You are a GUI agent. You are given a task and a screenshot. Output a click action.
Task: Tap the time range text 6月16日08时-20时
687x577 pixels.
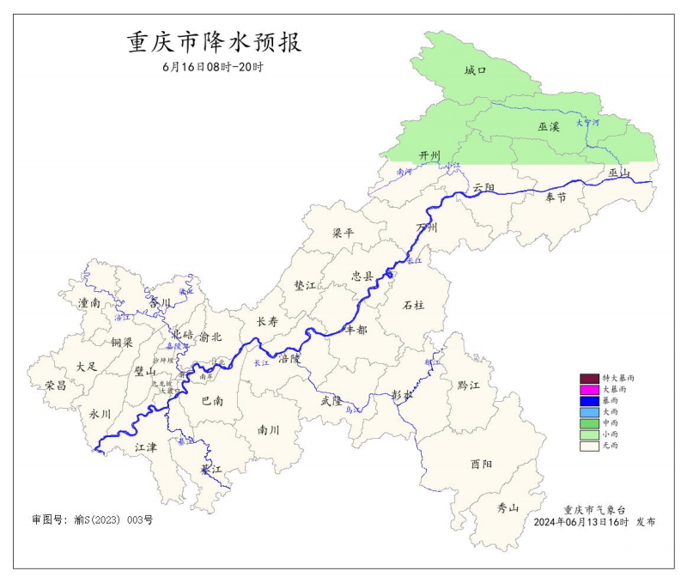pyautogui.click(x=213, y=67)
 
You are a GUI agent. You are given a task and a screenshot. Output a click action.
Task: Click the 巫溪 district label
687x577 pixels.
pyautogui.click(x=549, y=127)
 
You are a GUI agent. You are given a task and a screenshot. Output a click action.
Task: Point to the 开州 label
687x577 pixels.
pyautogui.click(x=429, y=155)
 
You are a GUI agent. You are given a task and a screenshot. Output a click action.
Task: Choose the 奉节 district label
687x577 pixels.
pyautogui.click(x=556, y=197)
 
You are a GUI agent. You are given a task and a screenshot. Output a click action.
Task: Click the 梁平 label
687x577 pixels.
pyautogui.click(x=343, y=234)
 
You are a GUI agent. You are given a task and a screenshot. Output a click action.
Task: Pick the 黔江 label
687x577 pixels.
pyautogui.click(x=469, y=386)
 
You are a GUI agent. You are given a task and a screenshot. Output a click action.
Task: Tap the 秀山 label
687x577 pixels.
pyautogui.click(x=508, y=507)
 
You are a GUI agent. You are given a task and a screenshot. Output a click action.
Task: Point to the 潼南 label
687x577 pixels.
pyautogui.click(x=89, y=303)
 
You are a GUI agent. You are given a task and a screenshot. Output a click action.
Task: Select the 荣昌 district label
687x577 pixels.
pyautogui.click(x=57, y=386)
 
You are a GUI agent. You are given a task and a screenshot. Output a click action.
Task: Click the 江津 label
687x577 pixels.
pyautogui.click(x=146, y=448)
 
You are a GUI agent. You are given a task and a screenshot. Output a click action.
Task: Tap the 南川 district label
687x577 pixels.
pyautogui.click(x=269, y=430)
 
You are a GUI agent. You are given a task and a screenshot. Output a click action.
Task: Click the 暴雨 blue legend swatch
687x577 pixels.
pyautogui.click(x=589, y=401)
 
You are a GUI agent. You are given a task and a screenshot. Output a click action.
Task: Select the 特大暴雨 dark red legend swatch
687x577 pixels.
pyautogui.click(x=589, y=379)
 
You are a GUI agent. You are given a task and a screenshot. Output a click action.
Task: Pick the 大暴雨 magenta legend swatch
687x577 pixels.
pyautogui.click(x=589, y=390)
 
